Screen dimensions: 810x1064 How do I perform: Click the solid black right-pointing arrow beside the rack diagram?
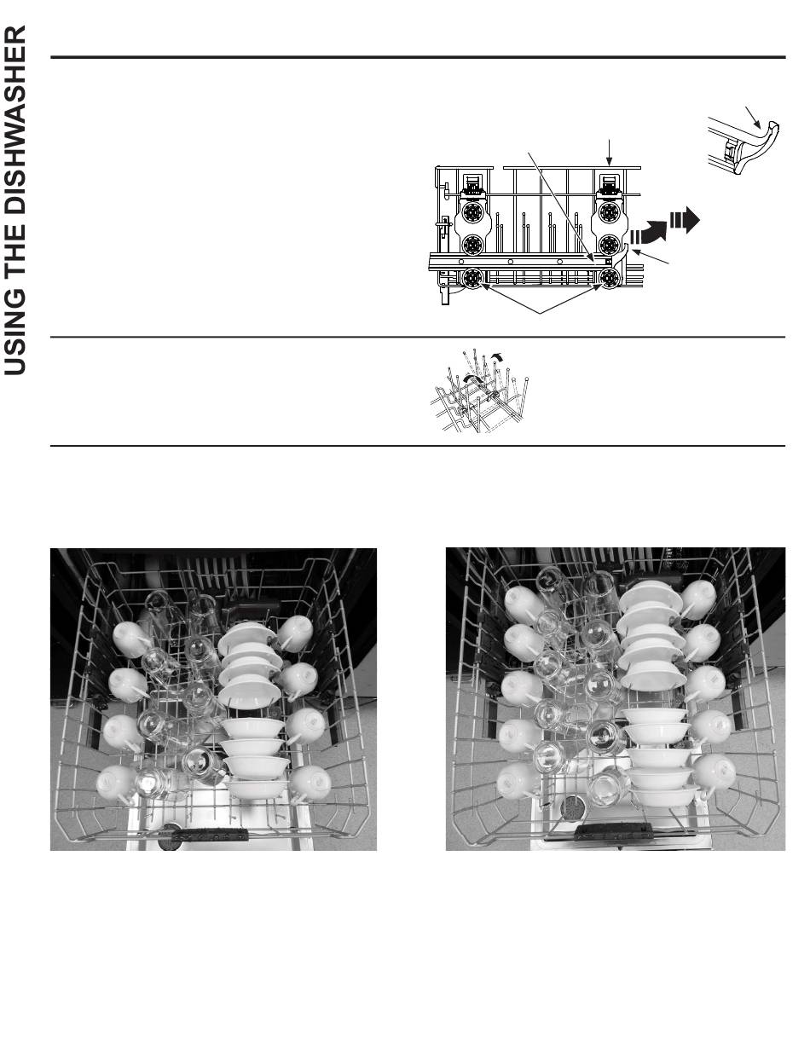(x=685, y=221)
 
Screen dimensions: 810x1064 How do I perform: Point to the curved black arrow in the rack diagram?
(x=649, y=232)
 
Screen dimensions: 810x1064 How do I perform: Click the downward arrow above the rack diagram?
(x=610, y=153)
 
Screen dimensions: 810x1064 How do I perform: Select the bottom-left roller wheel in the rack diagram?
(x=472, y=279)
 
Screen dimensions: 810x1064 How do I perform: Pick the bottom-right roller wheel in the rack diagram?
(x=608, y=279)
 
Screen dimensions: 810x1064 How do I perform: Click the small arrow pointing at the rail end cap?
(x=753, y=118)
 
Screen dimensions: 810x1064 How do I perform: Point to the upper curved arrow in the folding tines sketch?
(x=496, y=356)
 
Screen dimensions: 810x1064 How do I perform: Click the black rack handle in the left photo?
(x=210, y=835)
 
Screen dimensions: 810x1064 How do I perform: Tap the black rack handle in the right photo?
(x=610, y=830)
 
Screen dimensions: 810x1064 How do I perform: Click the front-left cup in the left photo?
(x=115, y=782)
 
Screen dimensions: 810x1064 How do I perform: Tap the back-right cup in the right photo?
(x=698, y=599)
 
